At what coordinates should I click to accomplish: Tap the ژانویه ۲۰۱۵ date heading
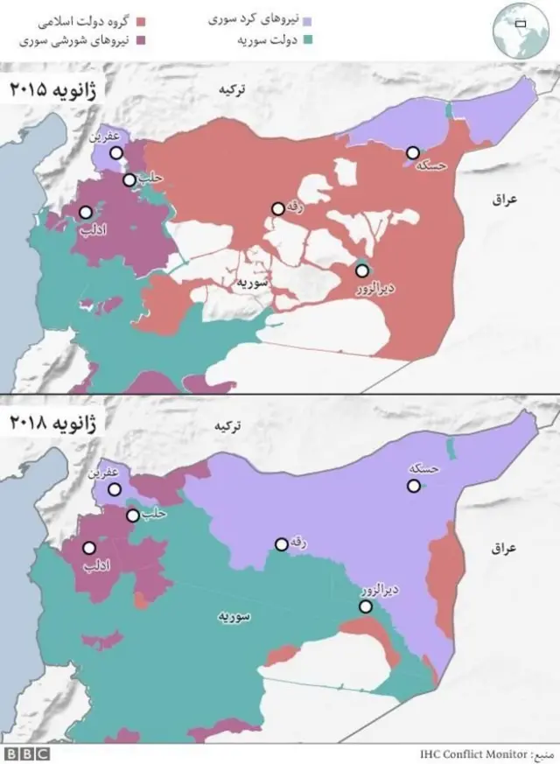coord(53,89)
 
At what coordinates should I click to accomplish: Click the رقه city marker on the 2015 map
coord(277,209)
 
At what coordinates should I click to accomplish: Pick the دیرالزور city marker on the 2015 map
coord(361,270)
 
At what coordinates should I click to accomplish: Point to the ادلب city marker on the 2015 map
coord(86,212)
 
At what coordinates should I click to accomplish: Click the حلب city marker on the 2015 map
coord(129,180)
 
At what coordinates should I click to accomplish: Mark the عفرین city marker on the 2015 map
coord(116,152)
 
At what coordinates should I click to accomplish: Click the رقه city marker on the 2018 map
coord(280,544)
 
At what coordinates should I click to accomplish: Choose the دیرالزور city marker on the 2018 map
coord(366,606)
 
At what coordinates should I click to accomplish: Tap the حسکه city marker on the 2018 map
coord(413,487)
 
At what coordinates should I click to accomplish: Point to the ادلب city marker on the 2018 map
coord(88,548)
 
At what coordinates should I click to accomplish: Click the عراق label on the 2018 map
coord(505,548)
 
